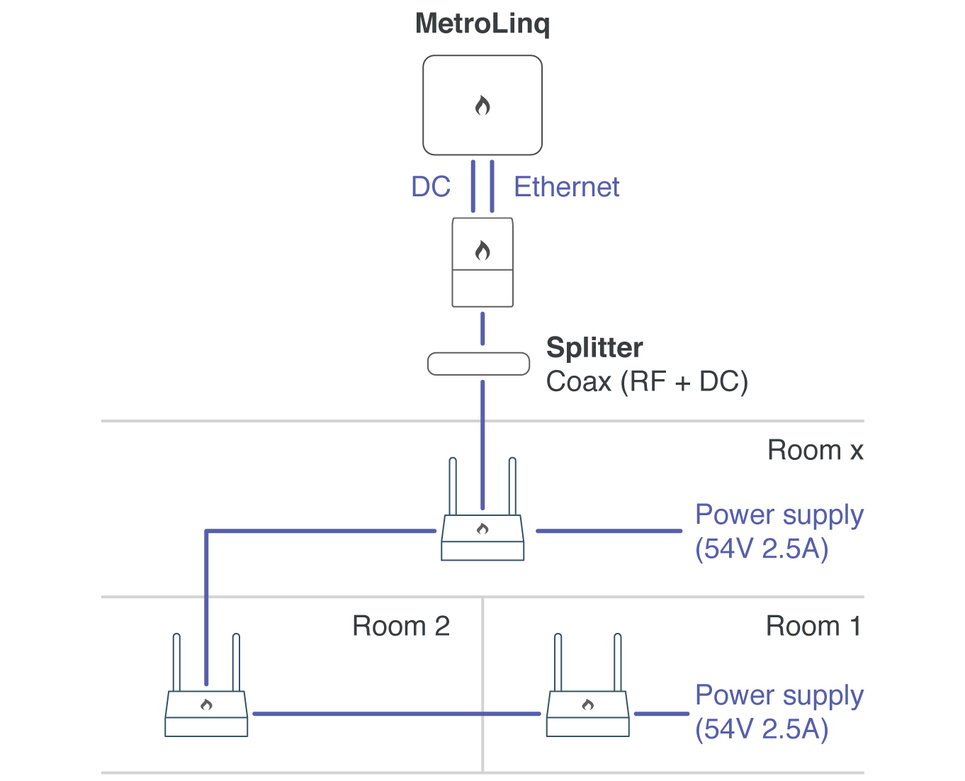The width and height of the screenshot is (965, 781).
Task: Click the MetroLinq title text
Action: point(482,23)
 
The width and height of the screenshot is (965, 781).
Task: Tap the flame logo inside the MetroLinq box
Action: point(482,106)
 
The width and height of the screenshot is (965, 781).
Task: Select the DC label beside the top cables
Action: point(431,187)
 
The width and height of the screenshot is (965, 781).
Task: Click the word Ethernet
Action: point(566,187)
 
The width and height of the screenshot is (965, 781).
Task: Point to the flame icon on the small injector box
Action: point(482,250)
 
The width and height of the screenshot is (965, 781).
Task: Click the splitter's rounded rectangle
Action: point(479,364)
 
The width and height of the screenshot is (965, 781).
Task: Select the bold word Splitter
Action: point(594,348)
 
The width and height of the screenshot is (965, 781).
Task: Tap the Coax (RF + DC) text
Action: point(647,382)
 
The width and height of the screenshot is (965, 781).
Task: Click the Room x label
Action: point(815,451)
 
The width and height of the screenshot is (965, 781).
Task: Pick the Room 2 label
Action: point(401,627)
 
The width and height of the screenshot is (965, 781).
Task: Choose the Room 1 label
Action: point(813,627)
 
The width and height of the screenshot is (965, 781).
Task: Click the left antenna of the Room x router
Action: point(453,486)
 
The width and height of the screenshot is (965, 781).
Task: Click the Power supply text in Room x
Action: point(779,515)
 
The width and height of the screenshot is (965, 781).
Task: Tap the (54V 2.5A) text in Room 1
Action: point(762,729)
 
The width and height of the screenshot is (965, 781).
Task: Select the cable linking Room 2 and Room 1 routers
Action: point(397,714)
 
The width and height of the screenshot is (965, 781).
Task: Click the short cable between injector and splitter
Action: point(482,328)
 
